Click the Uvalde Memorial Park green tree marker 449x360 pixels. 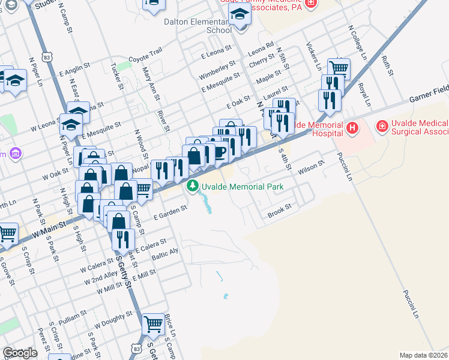(193, 187)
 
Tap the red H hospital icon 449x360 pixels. (352, 127)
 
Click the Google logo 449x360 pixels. (20, 353)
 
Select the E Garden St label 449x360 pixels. (171, 209)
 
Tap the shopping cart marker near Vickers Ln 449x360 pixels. (339, 68)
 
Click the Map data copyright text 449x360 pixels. (423, 355)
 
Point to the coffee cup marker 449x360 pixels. (219, 152)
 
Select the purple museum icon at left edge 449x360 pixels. (16, 154)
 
